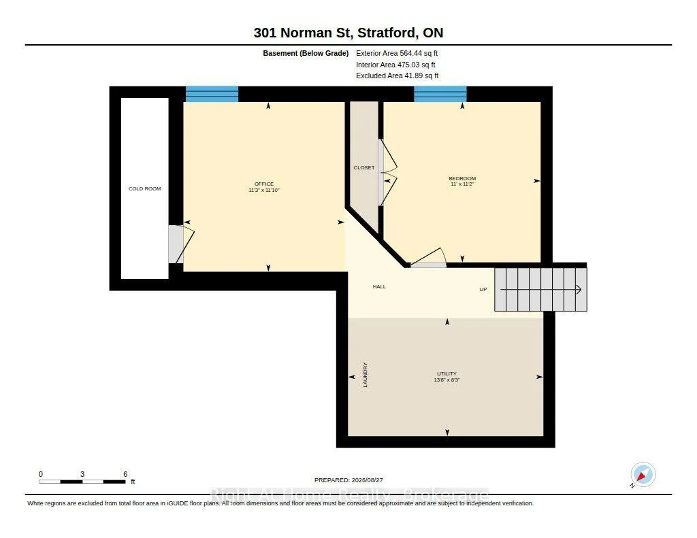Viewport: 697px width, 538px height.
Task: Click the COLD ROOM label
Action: click(144, 189)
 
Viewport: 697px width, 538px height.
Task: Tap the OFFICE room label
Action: click(264, 184)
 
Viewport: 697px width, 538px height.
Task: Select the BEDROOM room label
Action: click(462, 179)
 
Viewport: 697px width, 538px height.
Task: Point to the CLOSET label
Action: click(364, 167)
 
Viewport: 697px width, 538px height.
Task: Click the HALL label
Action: click(379, 286)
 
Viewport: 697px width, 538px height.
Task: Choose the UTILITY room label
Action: click(447, 373)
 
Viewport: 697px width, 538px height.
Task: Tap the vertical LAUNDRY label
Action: click(366, 375)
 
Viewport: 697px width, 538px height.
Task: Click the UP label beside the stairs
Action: click(483, 289)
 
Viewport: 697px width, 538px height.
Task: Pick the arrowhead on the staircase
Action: click(579, 290)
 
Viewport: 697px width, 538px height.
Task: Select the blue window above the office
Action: click(212, 94)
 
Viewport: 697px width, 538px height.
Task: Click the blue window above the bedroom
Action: click(440, 94)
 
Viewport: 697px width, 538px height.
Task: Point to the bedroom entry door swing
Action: click(429, 257)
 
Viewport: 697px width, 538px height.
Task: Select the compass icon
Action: click(643, 475)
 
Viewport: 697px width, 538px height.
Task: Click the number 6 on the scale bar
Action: click(125, 474)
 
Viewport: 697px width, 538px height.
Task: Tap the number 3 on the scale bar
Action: click(82, 474)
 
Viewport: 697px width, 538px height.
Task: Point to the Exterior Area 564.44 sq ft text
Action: click(397, 53)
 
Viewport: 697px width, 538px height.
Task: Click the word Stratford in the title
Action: click(387, 33)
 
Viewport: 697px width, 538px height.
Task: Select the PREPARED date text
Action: click(348, 480)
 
